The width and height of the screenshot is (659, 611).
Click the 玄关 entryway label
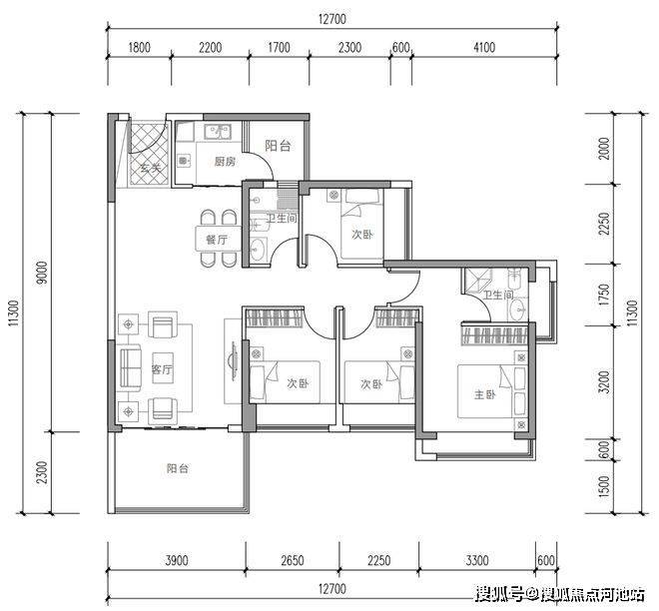pos(151,168)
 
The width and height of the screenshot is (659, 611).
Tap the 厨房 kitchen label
pos(225,162)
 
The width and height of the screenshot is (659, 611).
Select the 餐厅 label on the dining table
pos(217,240)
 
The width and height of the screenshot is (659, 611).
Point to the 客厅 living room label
pos(162,369)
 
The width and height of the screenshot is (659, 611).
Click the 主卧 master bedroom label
pos(484,394)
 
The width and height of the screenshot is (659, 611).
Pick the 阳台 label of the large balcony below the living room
pos(178,468)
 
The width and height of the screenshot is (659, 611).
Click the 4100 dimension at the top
pos(484,47)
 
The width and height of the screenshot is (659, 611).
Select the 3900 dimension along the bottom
pos(177,560)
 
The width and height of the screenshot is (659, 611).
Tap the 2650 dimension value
pos(293,560)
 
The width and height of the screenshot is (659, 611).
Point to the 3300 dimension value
pos(477,560)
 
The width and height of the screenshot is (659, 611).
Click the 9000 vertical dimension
pos(43,273)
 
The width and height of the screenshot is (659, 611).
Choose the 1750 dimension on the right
pos(604,295)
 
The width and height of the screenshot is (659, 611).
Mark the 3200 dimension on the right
pos(604,381)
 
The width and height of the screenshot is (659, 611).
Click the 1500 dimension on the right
pos(604,486)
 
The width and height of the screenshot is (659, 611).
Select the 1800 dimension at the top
pos(139,47)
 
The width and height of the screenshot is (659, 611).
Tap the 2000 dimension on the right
pos(604,149)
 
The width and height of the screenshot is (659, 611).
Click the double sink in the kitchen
pos(218,132)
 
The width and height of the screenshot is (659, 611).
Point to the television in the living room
pos(233,361)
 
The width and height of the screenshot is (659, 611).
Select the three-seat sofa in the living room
pos(131,368)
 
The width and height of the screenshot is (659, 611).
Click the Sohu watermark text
pos(560,594)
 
